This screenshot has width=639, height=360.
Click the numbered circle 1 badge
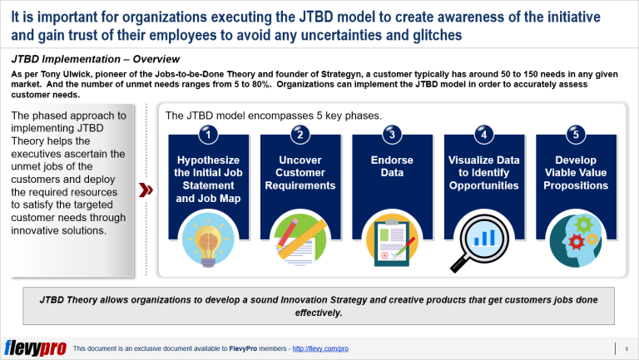[x=210, y=134]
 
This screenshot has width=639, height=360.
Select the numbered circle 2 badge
[x=300, y=134]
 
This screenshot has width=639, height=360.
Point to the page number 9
[x=626, y=348]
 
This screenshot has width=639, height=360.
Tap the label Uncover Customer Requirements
[x=300, y=173]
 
